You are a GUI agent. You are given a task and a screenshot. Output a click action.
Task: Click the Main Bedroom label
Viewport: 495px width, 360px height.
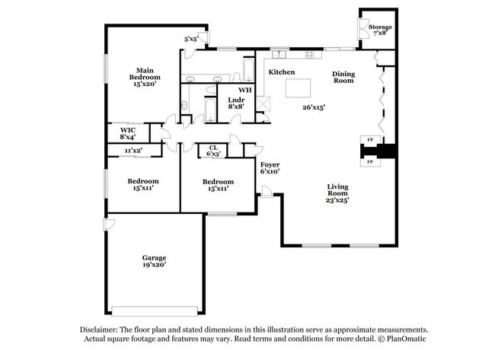143,78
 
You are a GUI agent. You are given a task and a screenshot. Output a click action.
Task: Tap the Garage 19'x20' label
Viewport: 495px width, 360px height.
153,261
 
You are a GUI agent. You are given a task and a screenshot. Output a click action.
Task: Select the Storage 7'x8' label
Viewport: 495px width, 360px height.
380,30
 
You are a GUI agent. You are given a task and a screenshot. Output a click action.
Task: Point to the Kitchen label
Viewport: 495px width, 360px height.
281,72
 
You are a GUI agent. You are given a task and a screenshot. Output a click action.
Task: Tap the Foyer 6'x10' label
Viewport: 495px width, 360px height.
270,168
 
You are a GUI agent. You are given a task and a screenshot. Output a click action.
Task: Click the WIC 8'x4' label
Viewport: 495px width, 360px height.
127,133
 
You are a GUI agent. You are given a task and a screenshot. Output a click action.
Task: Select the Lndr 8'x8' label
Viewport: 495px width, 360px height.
235,104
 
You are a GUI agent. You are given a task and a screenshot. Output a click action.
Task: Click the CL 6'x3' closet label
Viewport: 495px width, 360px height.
213,151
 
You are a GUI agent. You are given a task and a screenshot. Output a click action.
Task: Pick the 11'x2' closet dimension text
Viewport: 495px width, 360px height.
133,151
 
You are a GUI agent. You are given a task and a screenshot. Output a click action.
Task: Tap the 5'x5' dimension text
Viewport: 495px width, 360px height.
191,38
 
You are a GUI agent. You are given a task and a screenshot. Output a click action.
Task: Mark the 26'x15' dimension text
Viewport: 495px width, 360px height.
313,108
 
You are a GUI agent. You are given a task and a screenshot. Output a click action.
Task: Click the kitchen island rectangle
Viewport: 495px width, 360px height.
300,88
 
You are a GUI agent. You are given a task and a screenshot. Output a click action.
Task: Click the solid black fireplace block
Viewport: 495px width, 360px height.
388,151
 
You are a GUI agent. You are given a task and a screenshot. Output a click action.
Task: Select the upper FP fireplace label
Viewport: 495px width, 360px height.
370,140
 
